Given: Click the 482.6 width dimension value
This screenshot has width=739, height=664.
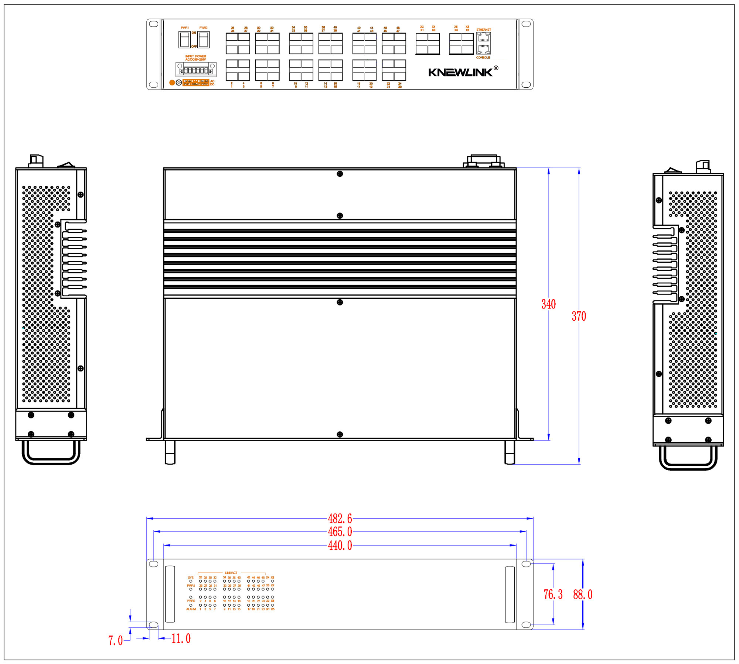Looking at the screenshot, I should (340, 518).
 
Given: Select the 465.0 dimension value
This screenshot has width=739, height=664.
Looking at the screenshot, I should (340, 532).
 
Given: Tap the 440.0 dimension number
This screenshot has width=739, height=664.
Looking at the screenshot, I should (340, 545).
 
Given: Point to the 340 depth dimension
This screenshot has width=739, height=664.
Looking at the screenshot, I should (548, 304).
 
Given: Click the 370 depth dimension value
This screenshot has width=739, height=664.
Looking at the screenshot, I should (579, 316).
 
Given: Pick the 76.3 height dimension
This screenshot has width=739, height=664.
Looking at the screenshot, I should (553, 594).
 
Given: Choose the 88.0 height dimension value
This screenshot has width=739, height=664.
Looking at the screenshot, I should (583, 594).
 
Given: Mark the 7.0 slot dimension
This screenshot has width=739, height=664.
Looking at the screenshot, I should (115, 640).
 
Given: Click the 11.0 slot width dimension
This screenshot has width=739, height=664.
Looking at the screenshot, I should (181, 638).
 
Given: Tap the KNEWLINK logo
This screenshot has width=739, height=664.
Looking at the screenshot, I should (461, 73).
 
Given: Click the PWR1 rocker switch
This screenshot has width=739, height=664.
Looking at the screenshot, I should (184, 40).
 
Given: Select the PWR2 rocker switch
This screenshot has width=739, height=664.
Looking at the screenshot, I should (203, 40).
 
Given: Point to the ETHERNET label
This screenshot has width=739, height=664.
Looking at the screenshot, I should (483, 30).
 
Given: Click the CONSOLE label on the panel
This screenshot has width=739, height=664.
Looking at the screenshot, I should (483, 58).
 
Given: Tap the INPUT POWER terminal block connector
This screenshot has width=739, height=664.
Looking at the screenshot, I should (196, 70).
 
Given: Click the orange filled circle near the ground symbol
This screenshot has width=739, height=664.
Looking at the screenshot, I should (172, 82).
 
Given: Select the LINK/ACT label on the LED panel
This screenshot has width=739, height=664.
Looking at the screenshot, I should (231, 573).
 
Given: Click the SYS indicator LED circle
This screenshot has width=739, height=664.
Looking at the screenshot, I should (191, 581).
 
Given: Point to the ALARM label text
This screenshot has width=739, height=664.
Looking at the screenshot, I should (191, 609).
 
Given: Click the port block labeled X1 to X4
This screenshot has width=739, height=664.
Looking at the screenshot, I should (428, 44).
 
